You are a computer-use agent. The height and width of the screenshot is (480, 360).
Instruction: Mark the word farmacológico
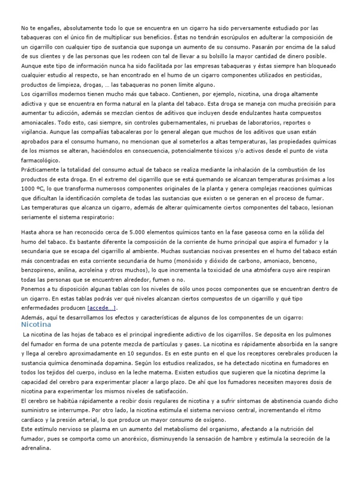41,161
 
